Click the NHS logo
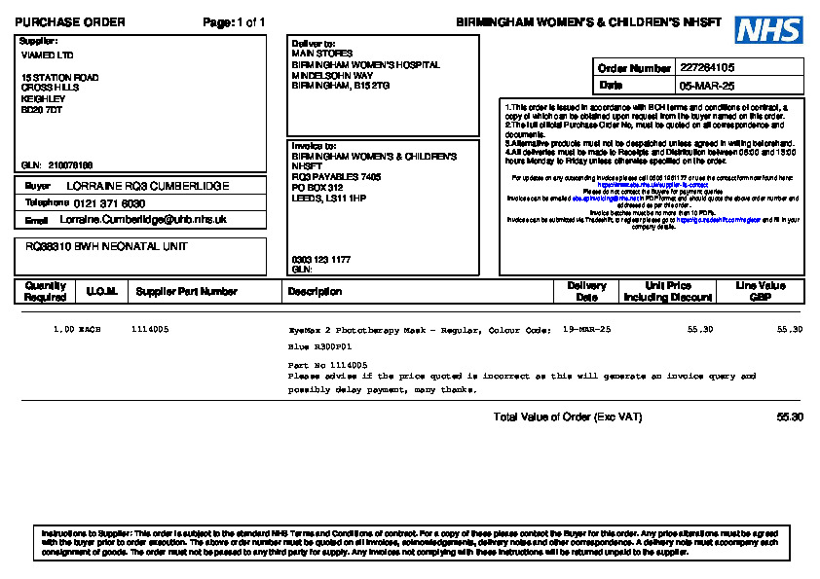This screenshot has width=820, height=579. [x=769, y=30]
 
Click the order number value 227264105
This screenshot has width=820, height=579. [x=707, y=68]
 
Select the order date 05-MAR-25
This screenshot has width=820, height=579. [x=707, y=86]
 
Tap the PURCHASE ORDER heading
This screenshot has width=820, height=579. [x=70, y=22]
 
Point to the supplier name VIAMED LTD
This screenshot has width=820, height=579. [x=47, y=55]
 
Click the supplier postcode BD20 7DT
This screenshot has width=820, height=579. [x=43, y=110]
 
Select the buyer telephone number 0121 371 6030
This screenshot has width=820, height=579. [x=109, y=203]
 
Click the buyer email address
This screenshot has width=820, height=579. [x=150, y=220]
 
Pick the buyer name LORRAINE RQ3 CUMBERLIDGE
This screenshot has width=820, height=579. [x=148, y=185]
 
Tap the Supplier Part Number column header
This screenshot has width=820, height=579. [x=186, y=291]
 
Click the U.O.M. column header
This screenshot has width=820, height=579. [x=101, y=291]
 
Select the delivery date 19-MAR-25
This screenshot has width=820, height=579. [x=586, y=330]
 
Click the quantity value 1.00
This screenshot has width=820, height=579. [x=63, y=330]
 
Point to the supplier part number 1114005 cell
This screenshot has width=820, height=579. [x=149, y=330]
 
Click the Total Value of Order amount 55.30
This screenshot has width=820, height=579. [x=790, y=417]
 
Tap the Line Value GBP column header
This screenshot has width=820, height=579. [x=761, y=291]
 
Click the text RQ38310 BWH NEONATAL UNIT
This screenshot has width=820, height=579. [x=106, y=247]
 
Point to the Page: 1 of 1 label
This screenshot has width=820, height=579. [x=234, y=22]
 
